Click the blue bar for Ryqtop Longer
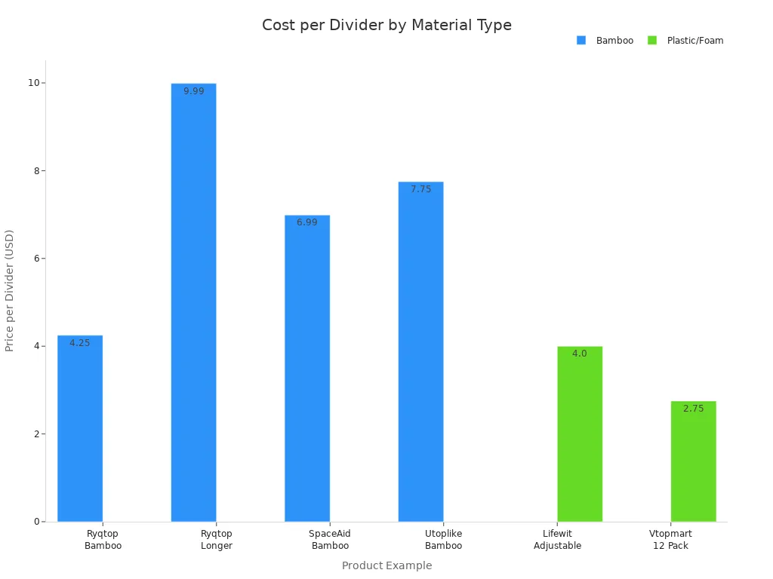pos(193,302)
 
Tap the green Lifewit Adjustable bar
pos(580,433)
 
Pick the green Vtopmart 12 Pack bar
pos(693,461)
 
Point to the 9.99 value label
pos(193,91)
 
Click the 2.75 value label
pos(693,409)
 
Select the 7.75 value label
pos(420,189)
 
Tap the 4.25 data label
pos(79,343)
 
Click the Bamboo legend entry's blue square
pos(581,41)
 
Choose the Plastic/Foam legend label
pos(694,41)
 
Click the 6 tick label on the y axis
pos(36,259)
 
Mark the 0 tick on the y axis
pos(36,522)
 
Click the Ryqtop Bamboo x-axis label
pos(103,540)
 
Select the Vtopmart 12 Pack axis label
pos(670,540)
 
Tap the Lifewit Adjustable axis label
pos(557,540)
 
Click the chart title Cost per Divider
pos(386,26)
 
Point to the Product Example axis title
pos(386,565)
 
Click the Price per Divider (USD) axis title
pos(10,290)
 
